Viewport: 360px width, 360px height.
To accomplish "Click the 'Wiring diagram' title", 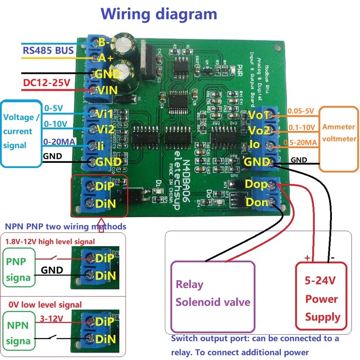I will [x=159, y=14].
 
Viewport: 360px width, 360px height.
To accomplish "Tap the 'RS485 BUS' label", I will [x=48, y=50].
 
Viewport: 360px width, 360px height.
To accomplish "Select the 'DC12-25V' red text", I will [x=46, y=83].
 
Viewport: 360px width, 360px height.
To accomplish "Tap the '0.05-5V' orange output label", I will [x=301, y=111].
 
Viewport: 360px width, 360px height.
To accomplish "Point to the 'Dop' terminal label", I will [x=256, y=184].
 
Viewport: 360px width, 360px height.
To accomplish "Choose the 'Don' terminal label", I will [x=257, y=202].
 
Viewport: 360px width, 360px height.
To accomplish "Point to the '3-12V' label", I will [x=51, y=319].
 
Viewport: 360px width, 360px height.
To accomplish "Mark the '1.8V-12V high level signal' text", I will [x=50, y=242].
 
